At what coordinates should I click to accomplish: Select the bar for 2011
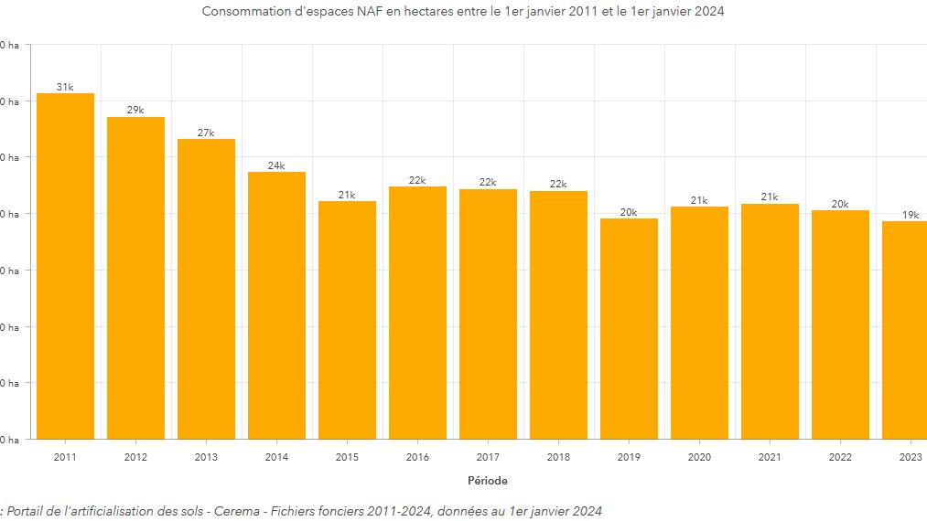pyautogui.click(x=65, y=265)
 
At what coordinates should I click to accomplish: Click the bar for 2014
pyautogui.click(x=276, y=305)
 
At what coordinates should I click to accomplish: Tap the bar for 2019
pyautogui.click(x=629, y=329)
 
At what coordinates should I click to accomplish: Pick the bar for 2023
pyautogui.click(x=905, y=330)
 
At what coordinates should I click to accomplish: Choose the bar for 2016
pyautogui.click(x=417, y=313)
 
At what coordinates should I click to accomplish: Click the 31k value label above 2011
pyautogui.click(x=65, y=87)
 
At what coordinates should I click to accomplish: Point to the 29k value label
pyautogui.click(x=135, y=111)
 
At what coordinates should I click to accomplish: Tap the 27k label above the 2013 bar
pyautogui.click(x=206, y=133)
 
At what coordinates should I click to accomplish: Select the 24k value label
pyautogui.click(x=276, y=165)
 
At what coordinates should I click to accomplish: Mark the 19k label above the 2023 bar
pyautogui.click(x=911, y=215)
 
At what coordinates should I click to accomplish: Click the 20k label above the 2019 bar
pyautogui.click(x=629, y=212)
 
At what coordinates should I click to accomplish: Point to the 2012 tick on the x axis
pyautogui.click(x=135, y=456)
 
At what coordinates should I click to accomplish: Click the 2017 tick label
pyautogui.click(x=488, y=456)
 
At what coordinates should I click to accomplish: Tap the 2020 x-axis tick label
pyautogui.click(x=699, y=456)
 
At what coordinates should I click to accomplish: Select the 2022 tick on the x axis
pyautogui.click(x=840, y=456)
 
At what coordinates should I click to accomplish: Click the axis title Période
pyautogui.click(x=487, y=481)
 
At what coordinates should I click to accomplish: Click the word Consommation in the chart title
pyautogui.click(x=246, y=12)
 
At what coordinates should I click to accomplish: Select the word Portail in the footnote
pyautogui.click(x=30, y=511)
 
